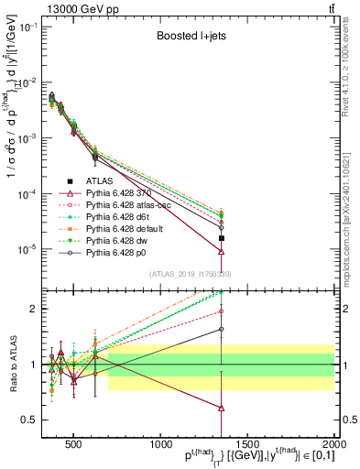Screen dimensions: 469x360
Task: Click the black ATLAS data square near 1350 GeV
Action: (222, 238)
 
